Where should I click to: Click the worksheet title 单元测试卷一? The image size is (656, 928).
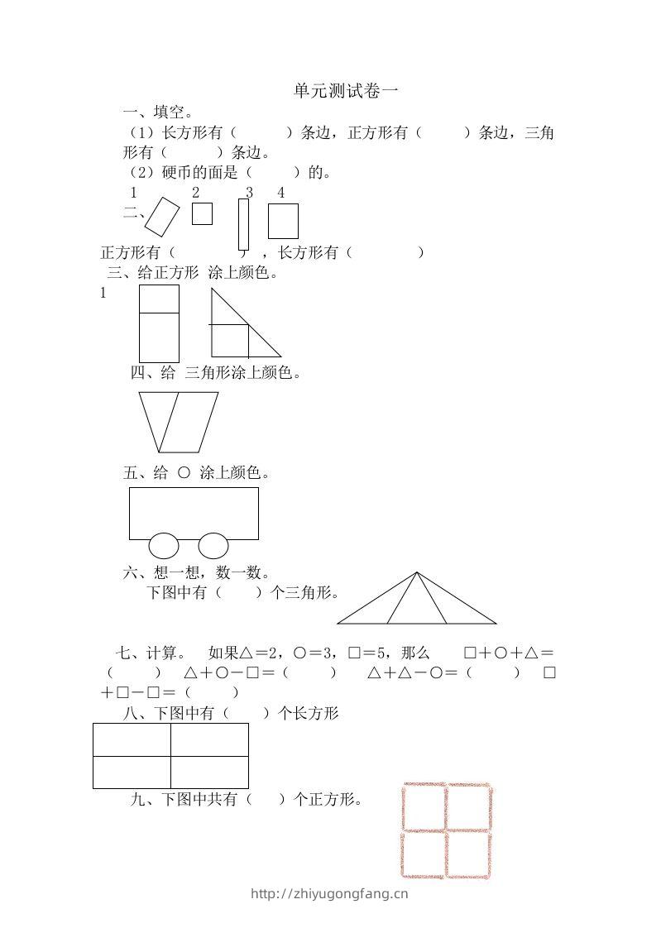click(x=345, y=92)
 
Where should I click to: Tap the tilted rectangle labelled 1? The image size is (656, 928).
click(x=162, y=217)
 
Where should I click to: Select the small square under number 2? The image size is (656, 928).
click(x=202, y=213)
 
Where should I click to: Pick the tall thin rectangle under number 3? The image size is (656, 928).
click(x=243, y=223)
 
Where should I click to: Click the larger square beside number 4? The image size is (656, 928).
click(x=283, y=221)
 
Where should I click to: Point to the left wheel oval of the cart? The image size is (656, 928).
click(x=163, y=546)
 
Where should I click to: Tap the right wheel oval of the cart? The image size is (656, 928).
click(x=213, y=546)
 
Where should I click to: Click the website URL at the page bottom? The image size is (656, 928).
click(x=328, y=893)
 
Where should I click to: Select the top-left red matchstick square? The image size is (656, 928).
click(x=424, y=807)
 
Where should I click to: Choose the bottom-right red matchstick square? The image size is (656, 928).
click(x=469, y=854)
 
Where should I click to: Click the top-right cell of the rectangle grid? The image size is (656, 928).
click(x=209, y=739)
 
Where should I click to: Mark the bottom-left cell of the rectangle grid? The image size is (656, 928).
click(x=132, y=772)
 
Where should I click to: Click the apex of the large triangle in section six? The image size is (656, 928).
click(x=417, y=572)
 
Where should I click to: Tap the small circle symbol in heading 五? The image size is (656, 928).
click(x=184, y=473)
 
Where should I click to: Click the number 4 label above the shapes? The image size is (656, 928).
click(x=281, y=193)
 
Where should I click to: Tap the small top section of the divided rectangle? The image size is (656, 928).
click(x=159, y=299)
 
